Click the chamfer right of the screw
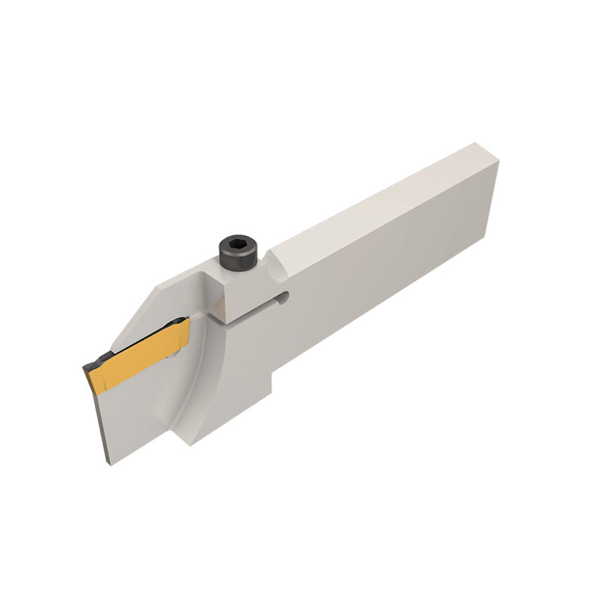[x=277, y=258]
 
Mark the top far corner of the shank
[x=476, y=143]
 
